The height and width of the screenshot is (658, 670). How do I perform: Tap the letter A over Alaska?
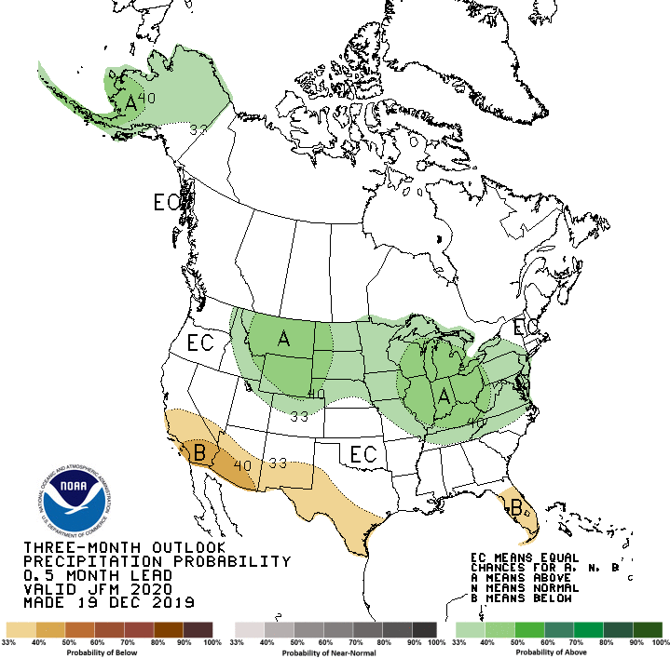pyautogui.click(x=130, y=104)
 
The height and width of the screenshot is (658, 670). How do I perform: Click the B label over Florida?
pyautogui.click(x=515, y=508)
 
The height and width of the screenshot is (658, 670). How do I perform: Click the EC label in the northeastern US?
pyautogui.click(x=526, y=328)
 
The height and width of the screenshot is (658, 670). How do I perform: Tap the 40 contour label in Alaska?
pyautogui.click(x=147, y=98)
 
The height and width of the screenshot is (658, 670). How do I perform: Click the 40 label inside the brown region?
pyautogui.click(x=242, y=465)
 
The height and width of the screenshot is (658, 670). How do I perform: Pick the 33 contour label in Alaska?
pyautogui.click(x=198, y=129)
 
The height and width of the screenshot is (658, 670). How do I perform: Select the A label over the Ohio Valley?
pyautogui.click(x=444, y=396)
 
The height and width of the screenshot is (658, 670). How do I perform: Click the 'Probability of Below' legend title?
pyautogui.click(x=109, y=652)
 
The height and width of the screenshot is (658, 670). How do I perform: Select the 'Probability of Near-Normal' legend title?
pyautogui.click(x=335, y=652)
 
